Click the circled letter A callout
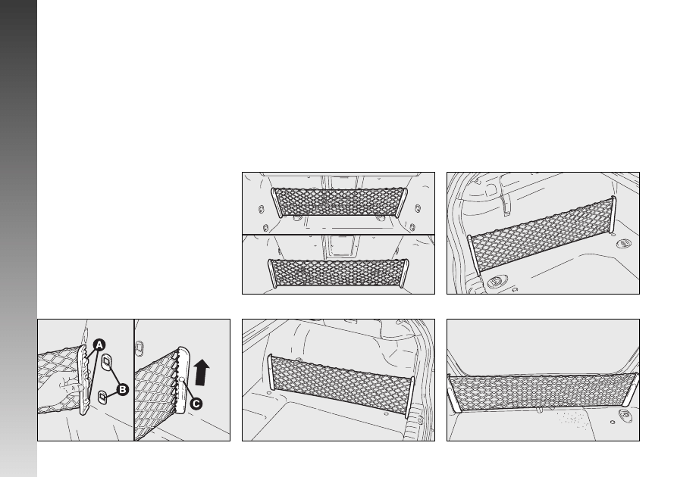click(x=99, y=345)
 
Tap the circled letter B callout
click(x=123, y=390)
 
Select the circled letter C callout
click(x=196, y=404)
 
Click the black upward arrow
click(x=202, y=373)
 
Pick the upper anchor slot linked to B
click(x=107, y=361)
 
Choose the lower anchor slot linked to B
click(x=102, y=397)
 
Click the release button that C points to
click(x=182, y=379)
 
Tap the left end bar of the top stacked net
click(x=276, y=203)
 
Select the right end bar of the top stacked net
click(x=403, y=201)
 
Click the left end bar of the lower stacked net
click(x=272, y=273)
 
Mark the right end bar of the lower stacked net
click(x=404, y=273)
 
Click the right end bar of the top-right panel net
click(x=613, y=214)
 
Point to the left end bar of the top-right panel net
click(x=474, y=255)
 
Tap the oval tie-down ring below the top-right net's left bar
click(x=495, y=283)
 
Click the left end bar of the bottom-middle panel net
click(x=271, y=371)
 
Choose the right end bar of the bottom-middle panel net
click(x=409, y=397)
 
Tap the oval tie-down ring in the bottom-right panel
click(x=625, y=416)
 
